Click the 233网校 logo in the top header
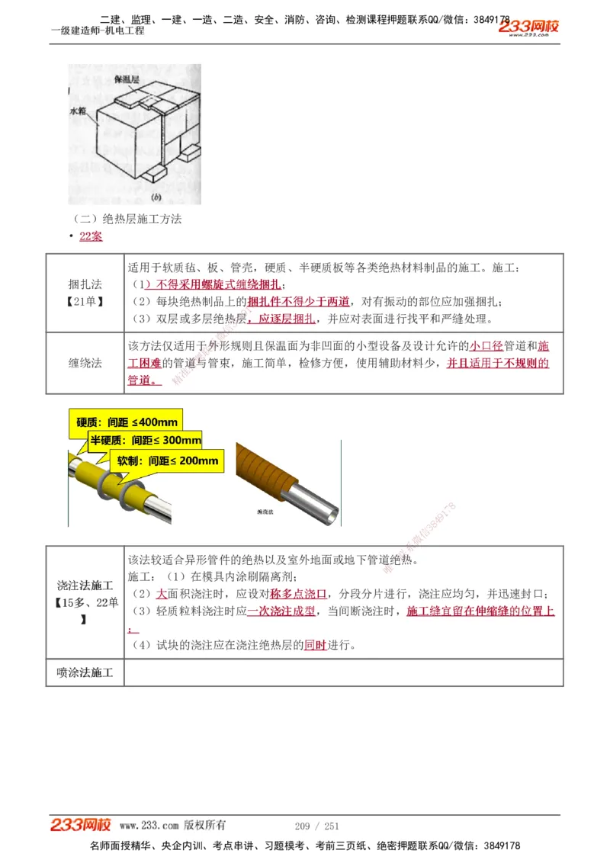click(x=529, y=27)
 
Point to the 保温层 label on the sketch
click(x=126, y=79)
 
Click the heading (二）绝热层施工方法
click(x=125, y=219)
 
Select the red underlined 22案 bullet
click(x=91, y=236)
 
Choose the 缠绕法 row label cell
click(x=85, y=363)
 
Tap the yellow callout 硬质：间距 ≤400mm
click(x=127, y=422)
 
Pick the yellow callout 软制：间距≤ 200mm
click(x=167, y=460)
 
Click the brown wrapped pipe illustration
click(x=286, y=480)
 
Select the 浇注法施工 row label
click(x=85, y=585)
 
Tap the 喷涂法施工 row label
click(x=85, y=672)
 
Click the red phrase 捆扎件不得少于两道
click(x=299, y=301)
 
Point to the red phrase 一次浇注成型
click(x=281, y=611)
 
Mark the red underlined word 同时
click(x=315, y=645)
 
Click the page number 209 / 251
click(x=316, y=826)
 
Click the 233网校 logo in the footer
click(x=81, y=825)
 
